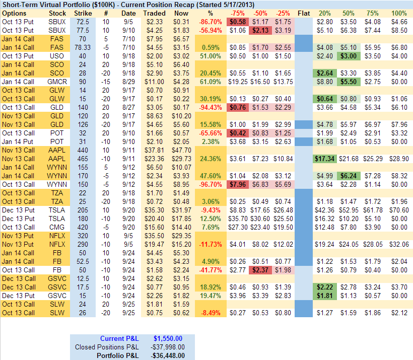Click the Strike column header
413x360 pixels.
[83, 13]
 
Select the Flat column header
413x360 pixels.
[304, 13]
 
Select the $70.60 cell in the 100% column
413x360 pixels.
[399, 209]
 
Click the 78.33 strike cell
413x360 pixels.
[83, 47]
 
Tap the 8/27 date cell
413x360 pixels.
[128, 107]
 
